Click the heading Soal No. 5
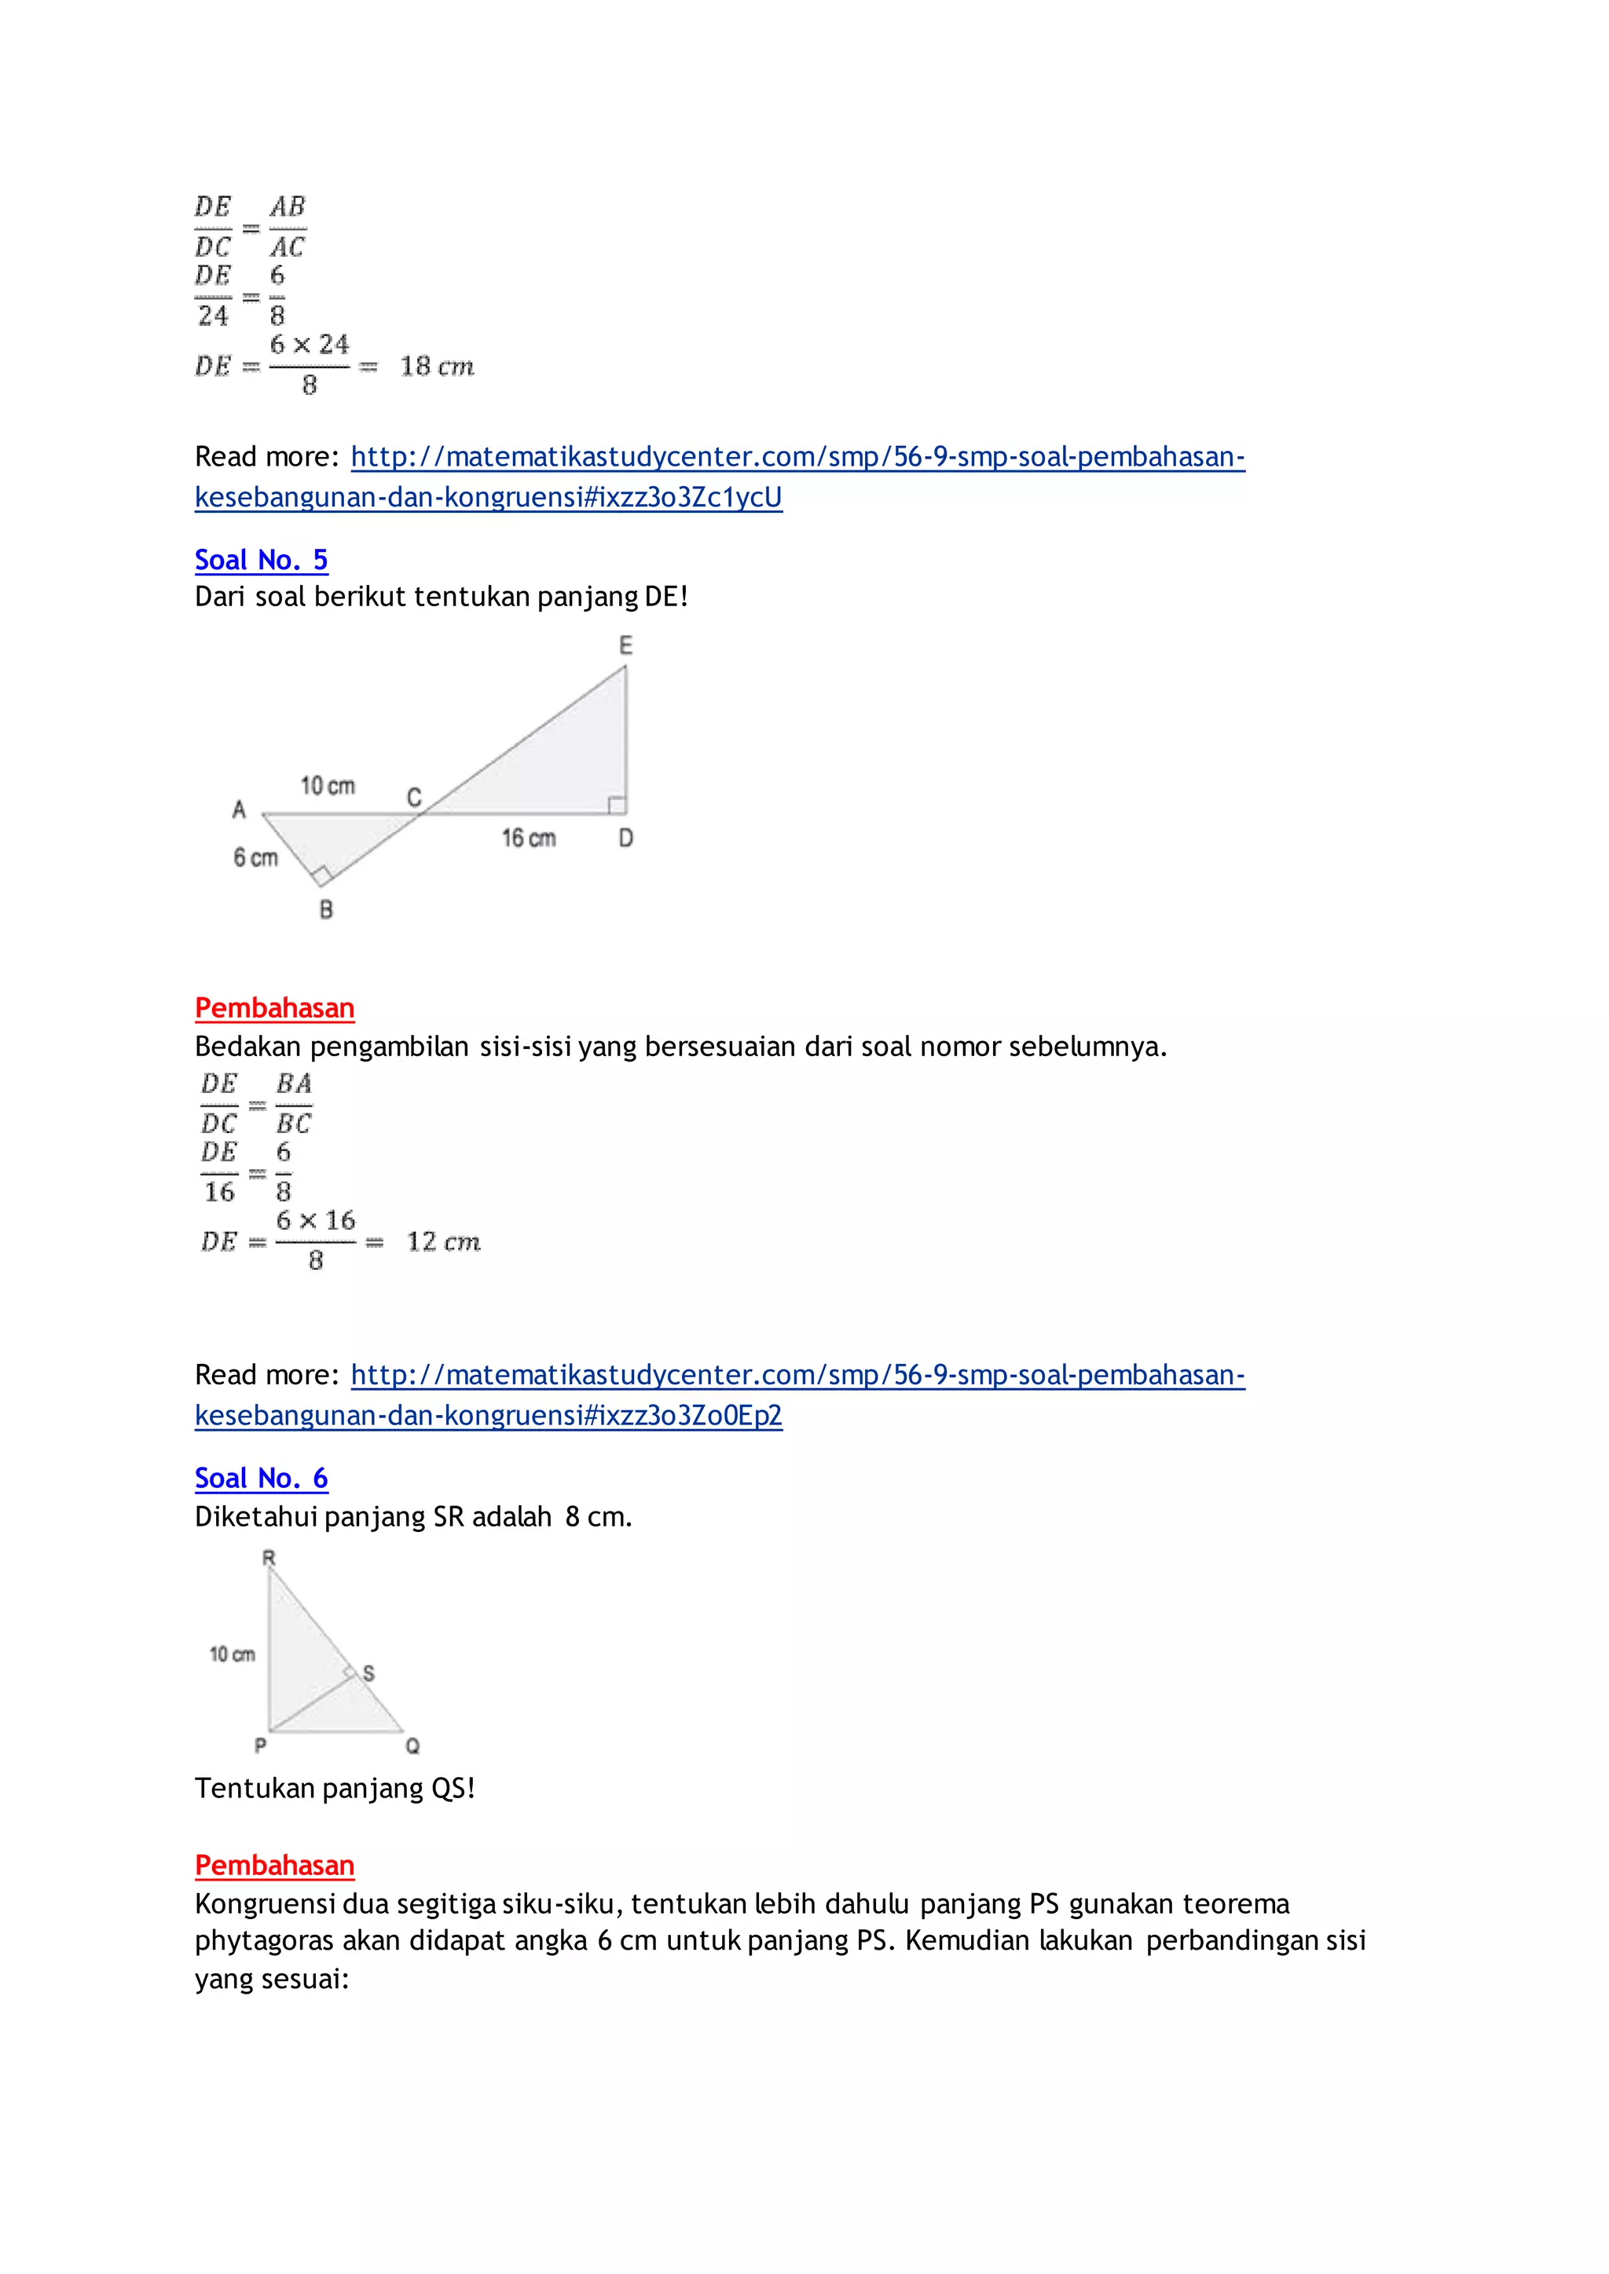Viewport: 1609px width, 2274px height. click(261, 560)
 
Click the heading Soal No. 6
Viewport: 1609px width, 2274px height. click(261, 1478)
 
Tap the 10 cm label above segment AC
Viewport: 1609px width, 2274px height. click(328, 786)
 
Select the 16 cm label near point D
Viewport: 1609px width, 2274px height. click(528, 839)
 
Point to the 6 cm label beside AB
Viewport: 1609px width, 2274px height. click(255, 857)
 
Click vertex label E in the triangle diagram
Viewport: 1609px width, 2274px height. click(625, 645)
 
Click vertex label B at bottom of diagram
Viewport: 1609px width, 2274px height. click(326, 909)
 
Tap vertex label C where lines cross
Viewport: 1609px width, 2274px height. click(414, 797)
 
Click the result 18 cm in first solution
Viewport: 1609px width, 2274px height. click(437, 367)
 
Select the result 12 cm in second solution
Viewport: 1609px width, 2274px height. click(443, 1242)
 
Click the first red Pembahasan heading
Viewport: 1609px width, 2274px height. click(274, 1008)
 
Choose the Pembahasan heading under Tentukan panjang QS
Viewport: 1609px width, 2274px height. click(274, 1865)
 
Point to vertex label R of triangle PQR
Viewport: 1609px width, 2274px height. click(269, 1558)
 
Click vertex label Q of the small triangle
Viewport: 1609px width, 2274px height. click(412, 1746)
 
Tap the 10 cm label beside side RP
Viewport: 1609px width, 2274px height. click(232, 1654)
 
